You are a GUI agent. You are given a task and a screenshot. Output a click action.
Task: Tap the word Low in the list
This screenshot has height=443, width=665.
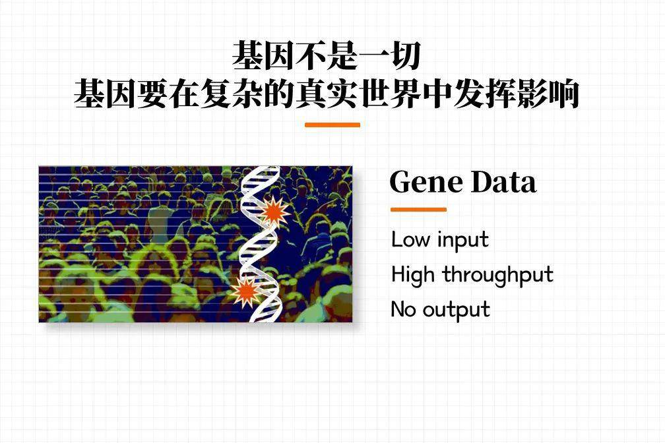coord(409,239)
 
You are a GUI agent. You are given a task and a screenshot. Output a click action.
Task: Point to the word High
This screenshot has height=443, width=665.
coord(413,274)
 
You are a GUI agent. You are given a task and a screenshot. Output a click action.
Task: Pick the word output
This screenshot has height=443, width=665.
coord(455,310)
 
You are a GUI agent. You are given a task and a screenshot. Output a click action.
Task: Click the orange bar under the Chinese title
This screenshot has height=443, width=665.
coord(332,125)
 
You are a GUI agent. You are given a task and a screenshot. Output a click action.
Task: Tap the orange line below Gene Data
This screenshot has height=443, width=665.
coord(418,210)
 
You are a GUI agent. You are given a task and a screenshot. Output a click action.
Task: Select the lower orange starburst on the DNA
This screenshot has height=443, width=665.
coord(246,291)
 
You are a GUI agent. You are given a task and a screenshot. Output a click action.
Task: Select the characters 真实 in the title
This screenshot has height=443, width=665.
coord(327,94)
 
